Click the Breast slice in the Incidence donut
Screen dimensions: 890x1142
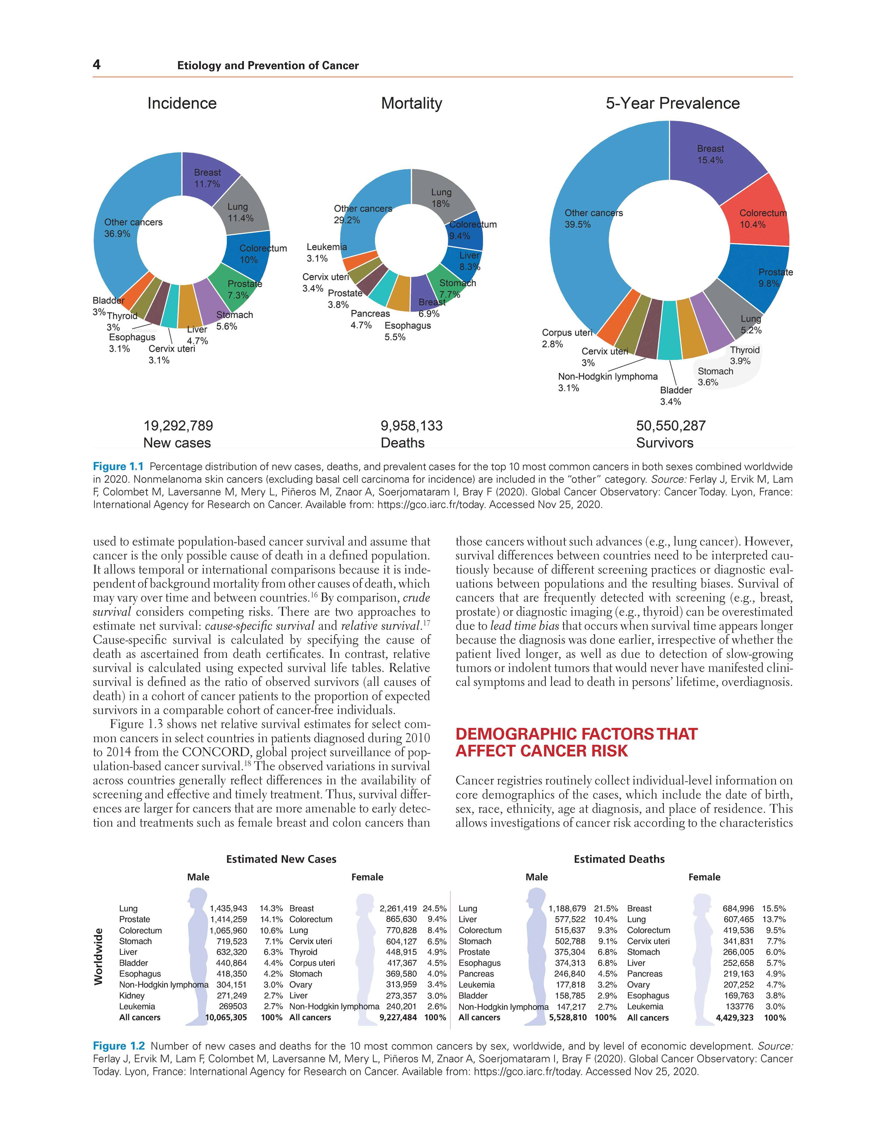pos(208,178)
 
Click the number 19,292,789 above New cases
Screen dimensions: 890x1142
pos(178,426)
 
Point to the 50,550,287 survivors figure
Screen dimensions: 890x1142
pos(671,426)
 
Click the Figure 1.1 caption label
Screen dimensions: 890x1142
pos(118,466)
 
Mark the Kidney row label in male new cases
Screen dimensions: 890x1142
pos(132,996)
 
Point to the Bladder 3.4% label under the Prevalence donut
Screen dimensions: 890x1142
pos(676,396)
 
